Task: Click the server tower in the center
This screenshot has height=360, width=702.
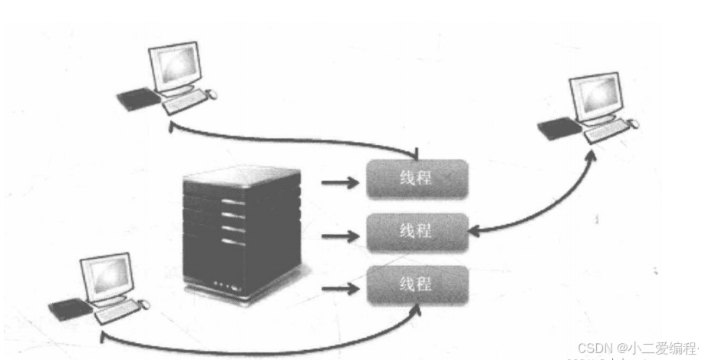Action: [240, 230]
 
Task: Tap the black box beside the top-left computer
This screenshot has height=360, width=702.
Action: [137, 98]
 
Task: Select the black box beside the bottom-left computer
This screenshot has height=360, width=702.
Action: [67, 309]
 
